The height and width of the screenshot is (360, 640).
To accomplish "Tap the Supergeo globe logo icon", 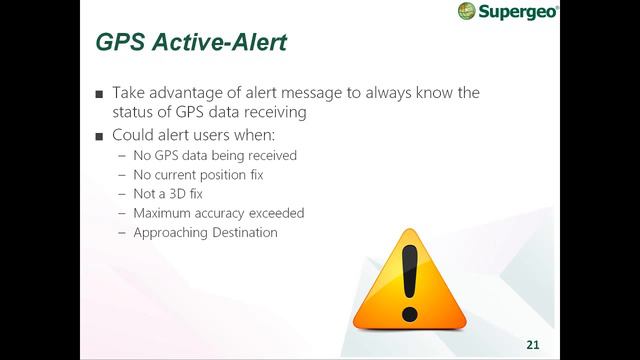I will pos(466,11).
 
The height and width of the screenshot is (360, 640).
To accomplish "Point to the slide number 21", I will pos(533,344).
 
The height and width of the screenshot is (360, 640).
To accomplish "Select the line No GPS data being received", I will pos(215,155).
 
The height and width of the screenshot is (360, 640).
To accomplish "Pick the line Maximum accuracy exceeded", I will pos(218,213).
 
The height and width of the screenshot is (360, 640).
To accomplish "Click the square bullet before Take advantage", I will pos(99,94).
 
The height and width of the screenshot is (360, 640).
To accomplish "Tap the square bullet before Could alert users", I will pos(99,135).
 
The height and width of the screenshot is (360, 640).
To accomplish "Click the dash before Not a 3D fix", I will pos(122,193).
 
